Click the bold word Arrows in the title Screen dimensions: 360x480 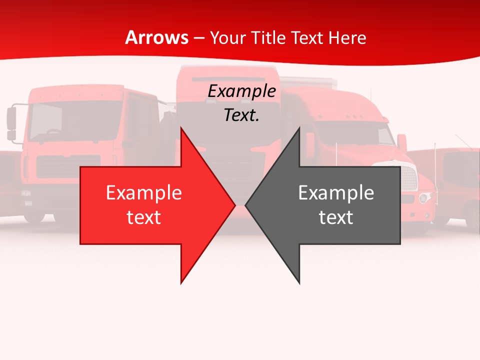coord(157,37)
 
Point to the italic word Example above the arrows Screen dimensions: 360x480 coord(241,91)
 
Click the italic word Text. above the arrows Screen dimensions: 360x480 coord(241,115)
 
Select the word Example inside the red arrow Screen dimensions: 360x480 coord(144,193)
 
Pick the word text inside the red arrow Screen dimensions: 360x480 coord(144,217)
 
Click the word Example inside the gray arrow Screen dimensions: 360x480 coord(336,193)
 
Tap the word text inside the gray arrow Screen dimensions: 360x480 coord(336,217)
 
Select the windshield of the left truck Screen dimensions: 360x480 coord(75,120)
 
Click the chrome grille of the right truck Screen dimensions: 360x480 coord(409,177)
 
